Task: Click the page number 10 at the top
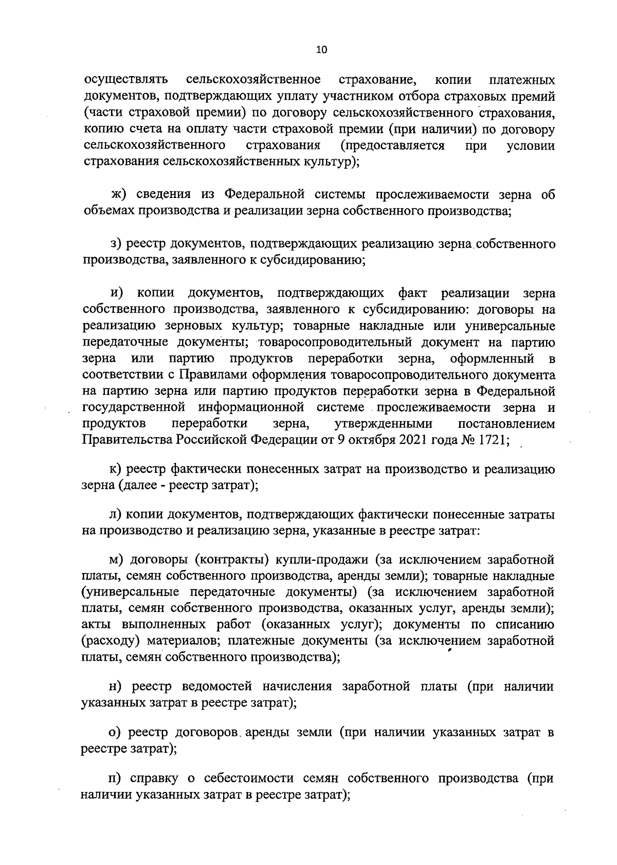pyautogui.click(x=321, y=49)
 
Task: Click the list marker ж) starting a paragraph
pyautogui.click(x=119, y=194)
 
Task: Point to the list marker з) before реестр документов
pyautogui.click(x=118, y=244)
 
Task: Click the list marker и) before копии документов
pyautogui.click(x=117, y=293)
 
